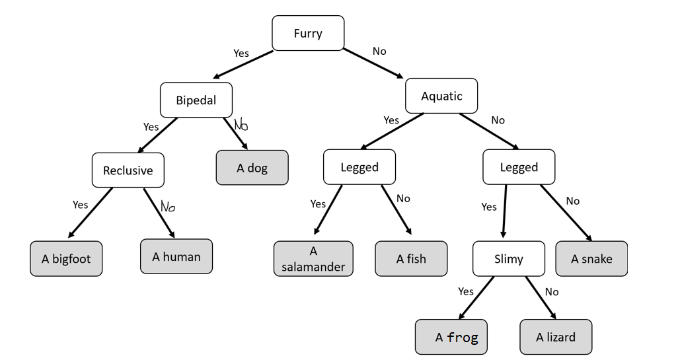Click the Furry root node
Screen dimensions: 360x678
click(308, 33)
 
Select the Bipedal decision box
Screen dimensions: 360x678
click(196, 100)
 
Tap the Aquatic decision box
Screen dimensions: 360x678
click(441, 96)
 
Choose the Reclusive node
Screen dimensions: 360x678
click(128, 170)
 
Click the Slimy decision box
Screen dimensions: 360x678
click(508, 258)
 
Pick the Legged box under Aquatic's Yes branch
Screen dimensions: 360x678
click(359, 167)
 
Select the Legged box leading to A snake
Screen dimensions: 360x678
click(519, 167)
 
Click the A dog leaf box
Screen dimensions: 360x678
click(252, 168)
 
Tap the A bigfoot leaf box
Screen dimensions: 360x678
click(66, 258)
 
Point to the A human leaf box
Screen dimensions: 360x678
click(176, 256)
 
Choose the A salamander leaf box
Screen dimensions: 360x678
click(313, 259)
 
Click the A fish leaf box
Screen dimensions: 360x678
click(411, 258)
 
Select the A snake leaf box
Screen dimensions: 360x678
click(591, 258)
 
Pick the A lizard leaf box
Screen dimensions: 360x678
click(556, 337)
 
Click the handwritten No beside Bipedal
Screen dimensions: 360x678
click(241, 124)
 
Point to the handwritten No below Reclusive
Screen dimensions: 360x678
click(168, 207)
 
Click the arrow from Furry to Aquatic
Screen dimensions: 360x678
click(373, 63)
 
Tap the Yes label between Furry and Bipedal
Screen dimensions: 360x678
click(241, 53)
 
